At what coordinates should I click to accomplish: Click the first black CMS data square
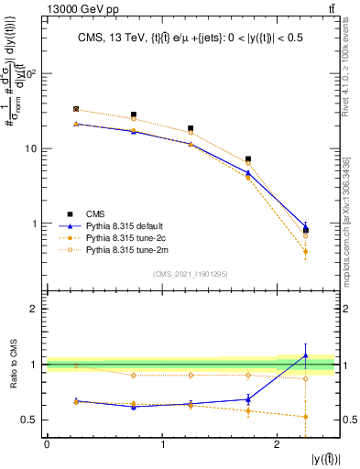76,109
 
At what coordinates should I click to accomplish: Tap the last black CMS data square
306,230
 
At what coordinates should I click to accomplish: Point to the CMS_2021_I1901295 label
191,274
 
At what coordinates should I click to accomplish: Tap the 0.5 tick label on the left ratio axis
29,420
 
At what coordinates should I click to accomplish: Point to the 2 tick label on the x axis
278,445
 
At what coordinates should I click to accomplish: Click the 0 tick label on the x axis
47,445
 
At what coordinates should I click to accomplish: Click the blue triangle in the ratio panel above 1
306,355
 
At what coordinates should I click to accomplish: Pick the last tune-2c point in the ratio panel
306,417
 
